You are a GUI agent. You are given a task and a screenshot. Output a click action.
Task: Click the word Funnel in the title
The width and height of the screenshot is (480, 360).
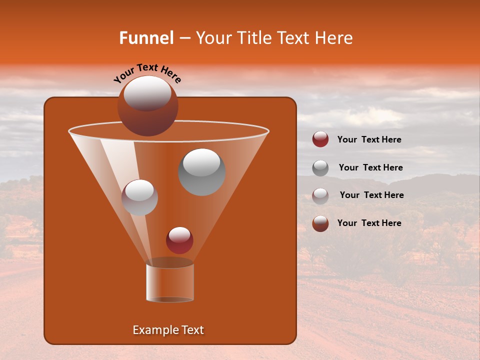click(x=146, y=38)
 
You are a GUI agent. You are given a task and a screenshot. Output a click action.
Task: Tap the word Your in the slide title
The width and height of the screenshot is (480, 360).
click(x=213, y=38)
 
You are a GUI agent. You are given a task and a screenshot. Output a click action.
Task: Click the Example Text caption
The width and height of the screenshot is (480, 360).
click(x=168, y=330)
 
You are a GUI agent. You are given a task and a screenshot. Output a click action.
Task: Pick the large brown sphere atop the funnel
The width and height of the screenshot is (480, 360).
click(x=148, y=105)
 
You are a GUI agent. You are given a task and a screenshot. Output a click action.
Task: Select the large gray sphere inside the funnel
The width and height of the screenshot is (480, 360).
click(x=201, y=171)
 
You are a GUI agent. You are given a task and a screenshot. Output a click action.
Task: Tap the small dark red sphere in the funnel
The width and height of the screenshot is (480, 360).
click(x=179, y=240)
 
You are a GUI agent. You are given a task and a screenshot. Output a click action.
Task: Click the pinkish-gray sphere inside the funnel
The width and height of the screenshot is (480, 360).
click(x=139, y=197)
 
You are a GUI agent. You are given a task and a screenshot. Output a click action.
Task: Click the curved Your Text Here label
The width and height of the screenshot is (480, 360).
click(x=147, y=72)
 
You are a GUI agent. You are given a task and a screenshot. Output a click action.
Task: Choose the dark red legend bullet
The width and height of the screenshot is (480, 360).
click(x=320, y=139)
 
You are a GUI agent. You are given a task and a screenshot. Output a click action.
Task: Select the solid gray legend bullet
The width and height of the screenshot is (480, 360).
click(x=320, y=167)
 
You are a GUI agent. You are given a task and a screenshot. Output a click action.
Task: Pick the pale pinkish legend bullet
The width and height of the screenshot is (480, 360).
click(x=320, y=195)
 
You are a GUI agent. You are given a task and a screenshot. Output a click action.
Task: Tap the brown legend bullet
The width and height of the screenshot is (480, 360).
click(x=320, y=223)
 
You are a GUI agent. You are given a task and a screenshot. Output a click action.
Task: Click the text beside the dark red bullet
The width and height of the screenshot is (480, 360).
click(x=369, y=139)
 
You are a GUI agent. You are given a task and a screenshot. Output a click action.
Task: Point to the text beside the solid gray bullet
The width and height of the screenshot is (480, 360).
click(x=370, y=167)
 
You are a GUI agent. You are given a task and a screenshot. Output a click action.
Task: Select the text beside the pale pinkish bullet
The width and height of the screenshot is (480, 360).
click(x=371, y=195)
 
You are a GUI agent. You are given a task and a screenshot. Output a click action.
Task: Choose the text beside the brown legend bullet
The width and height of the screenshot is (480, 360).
click(x=369, y=223)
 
